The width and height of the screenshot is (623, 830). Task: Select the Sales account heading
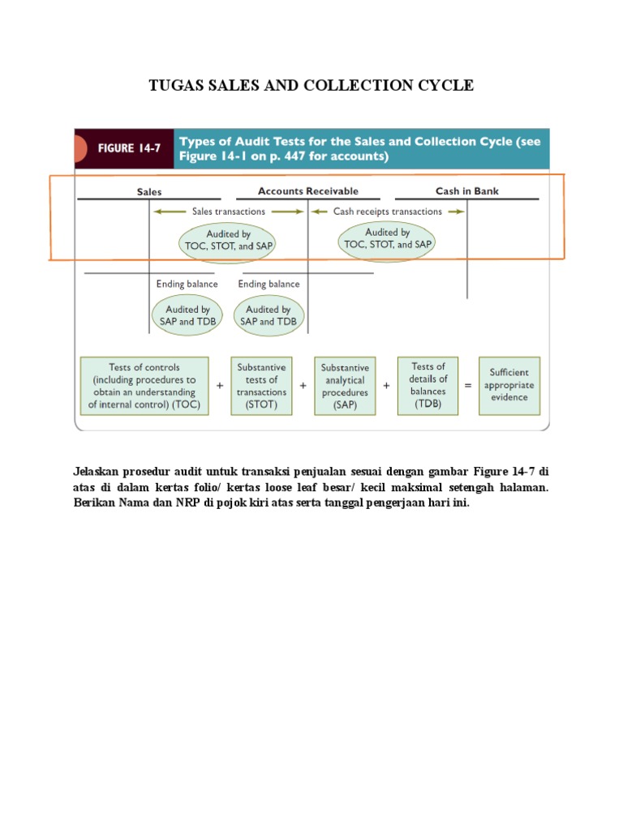149,192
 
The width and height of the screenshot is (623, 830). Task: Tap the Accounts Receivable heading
307,191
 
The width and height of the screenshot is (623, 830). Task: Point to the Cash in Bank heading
466,191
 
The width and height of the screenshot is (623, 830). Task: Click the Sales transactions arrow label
228,212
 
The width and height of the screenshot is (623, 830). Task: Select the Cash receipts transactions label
388,212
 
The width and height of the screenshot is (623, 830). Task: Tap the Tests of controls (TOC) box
144,386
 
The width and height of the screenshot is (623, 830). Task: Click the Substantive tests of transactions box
261,386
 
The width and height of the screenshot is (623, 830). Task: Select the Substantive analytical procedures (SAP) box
345,386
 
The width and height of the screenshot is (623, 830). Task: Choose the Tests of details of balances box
428,386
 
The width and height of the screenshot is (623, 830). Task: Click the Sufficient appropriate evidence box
509,385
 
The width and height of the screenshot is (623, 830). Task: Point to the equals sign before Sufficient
468,386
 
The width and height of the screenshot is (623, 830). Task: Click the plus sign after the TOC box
220,386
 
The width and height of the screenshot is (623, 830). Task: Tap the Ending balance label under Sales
187,285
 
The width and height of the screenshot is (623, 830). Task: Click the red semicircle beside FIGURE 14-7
79,148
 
